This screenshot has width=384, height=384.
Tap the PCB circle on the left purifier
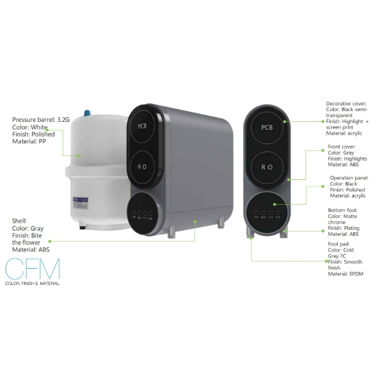tap(142, 127)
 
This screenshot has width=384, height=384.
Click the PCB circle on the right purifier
tap(268, 127)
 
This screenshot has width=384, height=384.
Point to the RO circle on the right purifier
tap(268, 166)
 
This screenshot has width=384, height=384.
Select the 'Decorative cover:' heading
tap(346, 104)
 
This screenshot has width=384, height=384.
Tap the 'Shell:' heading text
tap(20, 221)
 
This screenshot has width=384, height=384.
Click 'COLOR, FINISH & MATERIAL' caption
tap(32, 283)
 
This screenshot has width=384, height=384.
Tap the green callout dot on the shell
tap(196, 221)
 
